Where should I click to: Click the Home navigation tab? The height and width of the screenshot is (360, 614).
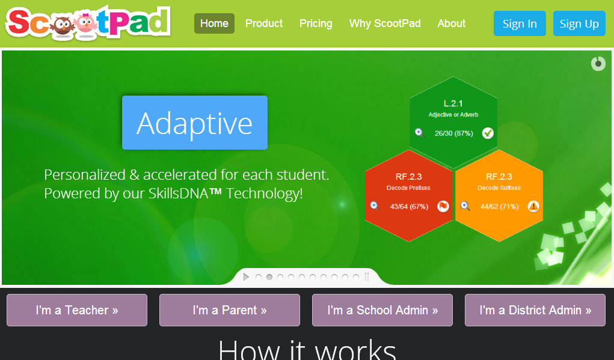pos(214,23)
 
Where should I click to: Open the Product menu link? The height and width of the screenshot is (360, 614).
pos(264,23)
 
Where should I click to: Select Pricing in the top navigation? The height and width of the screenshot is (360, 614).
pos(316,23)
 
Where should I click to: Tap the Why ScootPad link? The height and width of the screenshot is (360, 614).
pos(385,23)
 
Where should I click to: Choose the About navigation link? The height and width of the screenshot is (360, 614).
pos(452,23)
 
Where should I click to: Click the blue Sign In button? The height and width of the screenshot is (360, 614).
pos(520,23)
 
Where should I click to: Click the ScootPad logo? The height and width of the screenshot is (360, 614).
pos(88,23)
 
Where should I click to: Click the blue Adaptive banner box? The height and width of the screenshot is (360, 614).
pos(195,123)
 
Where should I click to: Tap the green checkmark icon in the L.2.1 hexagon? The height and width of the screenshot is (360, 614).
pos(488,133)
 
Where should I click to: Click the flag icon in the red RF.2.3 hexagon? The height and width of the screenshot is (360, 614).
pos(443,206)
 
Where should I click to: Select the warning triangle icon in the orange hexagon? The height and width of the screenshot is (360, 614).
pos(533,206)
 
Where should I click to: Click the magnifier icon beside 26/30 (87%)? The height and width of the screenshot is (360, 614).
pos(419,133)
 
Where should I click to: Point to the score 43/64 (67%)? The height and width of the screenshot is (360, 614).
pos(409,206)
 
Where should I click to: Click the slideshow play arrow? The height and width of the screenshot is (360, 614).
pos(246,277)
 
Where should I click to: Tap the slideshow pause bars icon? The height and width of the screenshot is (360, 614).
pos(366,277)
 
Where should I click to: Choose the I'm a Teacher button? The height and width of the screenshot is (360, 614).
pos(77,310)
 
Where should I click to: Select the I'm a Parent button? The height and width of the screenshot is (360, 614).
pos(230,310)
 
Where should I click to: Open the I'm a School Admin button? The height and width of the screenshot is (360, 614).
pos(382,310)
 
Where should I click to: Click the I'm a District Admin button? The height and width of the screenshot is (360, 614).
pos(535,310)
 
